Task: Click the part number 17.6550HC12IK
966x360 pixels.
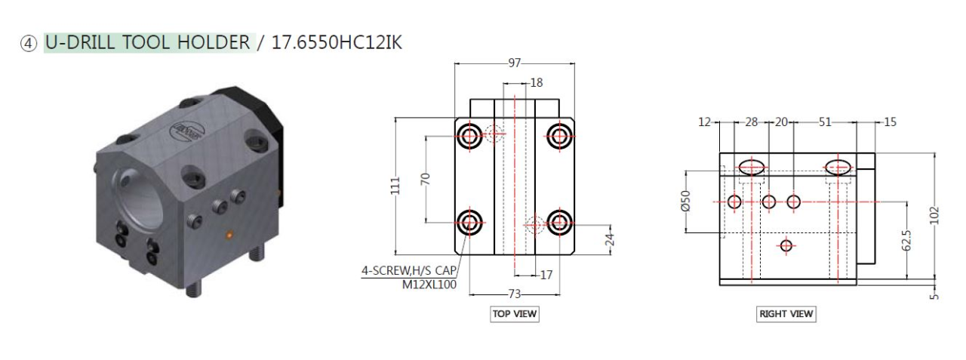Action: [x=337, y=42]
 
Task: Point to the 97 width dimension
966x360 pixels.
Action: [x=515, y=63]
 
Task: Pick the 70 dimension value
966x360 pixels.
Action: [x=425, y=179]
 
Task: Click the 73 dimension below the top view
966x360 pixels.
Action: [x=515, y=294]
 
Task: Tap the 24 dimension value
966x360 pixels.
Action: [x=610, y=239]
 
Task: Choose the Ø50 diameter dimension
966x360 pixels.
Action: [x=686, y=202]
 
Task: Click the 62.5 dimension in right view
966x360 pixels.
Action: [x=907, y=240]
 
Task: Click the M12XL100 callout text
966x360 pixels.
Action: [x=429, y=285]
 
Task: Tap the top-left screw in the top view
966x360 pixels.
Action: [x=470, y=136]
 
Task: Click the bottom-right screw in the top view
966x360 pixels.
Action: [x=558, y=222]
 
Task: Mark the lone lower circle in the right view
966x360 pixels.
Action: [x=786, y=245]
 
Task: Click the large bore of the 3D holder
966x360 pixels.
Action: [x=140, y=195]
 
